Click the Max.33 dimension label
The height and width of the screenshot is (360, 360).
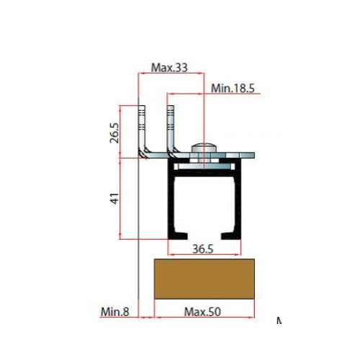pos(169,68)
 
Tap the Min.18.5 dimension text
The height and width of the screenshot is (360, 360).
pos(233,89)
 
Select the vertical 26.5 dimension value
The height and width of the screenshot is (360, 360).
pos(114,133)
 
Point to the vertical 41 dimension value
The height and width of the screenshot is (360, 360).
pos(114,199)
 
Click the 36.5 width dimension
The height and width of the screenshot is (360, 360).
pos(203,249)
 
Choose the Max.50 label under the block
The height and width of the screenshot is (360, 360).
pos(202,312)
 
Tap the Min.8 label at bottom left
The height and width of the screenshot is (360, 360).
pos(115,312)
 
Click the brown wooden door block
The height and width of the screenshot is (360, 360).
pos(204,279)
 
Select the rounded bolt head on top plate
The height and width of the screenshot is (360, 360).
pos(204,148)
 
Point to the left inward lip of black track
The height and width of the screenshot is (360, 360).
pos(179,236)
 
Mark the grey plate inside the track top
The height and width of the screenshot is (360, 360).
pos(204,166)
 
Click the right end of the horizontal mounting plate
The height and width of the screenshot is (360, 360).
pos(254,155)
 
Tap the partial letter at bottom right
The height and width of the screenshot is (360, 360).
pos(279,320)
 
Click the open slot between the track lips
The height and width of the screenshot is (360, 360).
pos(204,236)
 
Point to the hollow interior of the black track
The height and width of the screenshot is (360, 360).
pos(204,204)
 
